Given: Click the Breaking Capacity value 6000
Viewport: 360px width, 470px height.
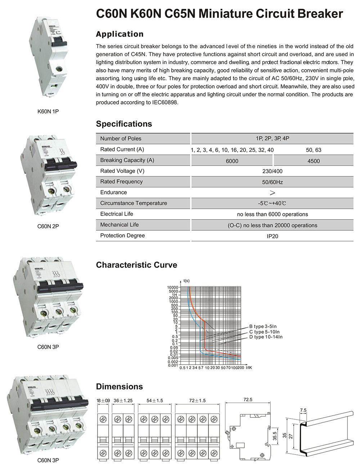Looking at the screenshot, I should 232,161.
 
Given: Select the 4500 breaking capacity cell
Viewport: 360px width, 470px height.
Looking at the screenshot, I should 313,161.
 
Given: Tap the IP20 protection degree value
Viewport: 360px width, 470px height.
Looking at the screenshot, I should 272,236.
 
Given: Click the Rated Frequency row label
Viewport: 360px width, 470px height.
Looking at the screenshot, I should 121,182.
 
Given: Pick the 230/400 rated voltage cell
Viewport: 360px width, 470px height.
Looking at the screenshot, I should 272,171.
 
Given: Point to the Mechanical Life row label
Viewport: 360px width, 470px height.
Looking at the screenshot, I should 119,225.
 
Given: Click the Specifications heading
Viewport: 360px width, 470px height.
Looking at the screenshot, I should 124,124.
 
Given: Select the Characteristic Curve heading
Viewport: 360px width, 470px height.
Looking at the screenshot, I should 136,265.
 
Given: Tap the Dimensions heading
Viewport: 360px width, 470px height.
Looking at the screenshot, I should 119,387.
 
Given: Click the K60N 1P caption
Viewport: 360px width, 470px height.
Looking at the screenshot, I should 48,112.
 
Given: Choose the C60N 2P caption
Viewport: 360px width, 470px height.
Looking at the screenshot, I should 48,226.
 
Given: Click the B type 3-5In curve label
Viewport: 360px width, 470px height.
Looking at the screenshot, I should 263,326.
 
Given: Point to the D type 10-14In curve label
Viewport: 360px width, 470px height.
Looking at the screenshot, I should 266,337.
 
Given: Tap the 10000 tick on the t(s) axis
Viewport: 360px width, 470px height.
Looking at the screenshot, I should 173,287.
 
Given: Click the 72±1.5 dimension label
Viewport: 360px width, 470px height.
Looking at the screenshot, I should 197,401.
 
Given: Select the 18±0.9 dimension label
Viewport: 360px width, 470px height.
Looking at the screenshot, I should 103,401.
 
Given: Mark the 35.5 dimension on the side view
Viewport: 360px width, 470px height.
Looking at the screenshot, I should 275,436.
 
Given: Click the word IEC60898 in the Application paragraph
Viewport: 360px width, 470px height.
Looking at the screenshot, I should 166,103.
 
